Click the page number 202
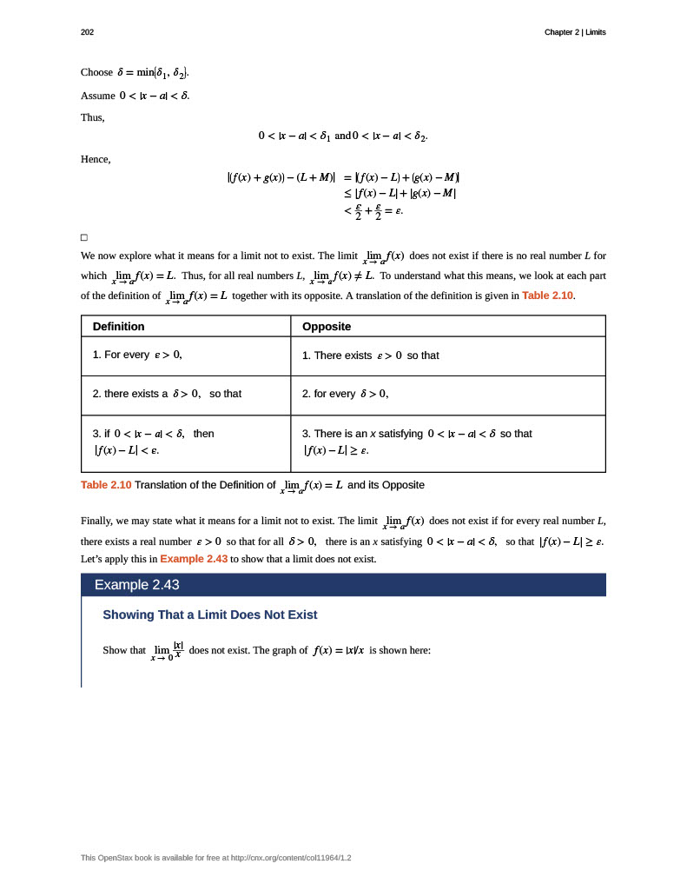(87, 32)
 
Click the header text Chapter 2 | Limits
(575, 32)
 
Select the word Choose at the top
(96, 72)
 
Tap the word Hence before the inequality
(95, 159)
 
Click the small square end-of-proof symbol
(84, 237)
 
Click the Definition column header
(119, 326)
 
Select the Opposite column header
(327, 326)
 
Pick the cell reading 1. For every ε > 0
(137, 355)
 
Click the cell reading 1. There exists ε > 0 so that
(370, 355)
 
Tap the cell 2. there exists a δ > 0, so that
(167, 394)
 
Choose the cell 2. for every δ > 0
(345, 394)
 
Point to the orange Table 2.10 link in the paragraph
(547, 296)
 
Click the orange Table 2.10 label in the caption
(106, 485)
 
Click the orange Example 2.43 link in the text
(194, 559)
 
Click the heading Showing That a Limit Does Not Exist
(210, 615)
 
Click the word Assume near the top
(97, 96)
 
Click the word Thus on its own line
(92, 117)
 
